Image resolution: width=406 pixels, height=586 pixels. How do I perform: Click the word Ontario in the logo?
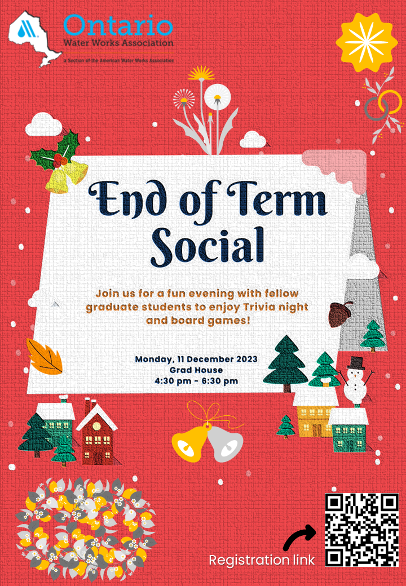pyautogui.click(x=118, y=25)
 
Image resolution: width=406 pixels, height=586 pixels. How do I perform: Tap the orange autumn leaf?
pyautogui.click(x=44, y=356)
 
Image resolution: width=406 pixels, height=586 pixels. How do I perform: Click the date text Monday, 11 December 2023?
pyautogui.click(x=196, y=359)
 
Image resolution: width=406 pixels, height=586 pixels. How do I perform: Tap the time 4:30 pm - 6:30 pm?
pyautogui.click(x=196, y=381)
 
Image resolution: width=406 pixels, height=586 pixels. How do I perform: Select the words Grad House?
pyautogui.click(x=196, y=370)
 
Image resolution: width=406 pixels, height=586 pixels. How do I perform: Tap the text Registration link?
pyautogui.click(x=262, y=560)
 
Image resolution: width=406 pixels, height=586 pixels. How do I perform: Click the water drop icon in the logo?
pyautogui.click(x=24, y=28)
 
